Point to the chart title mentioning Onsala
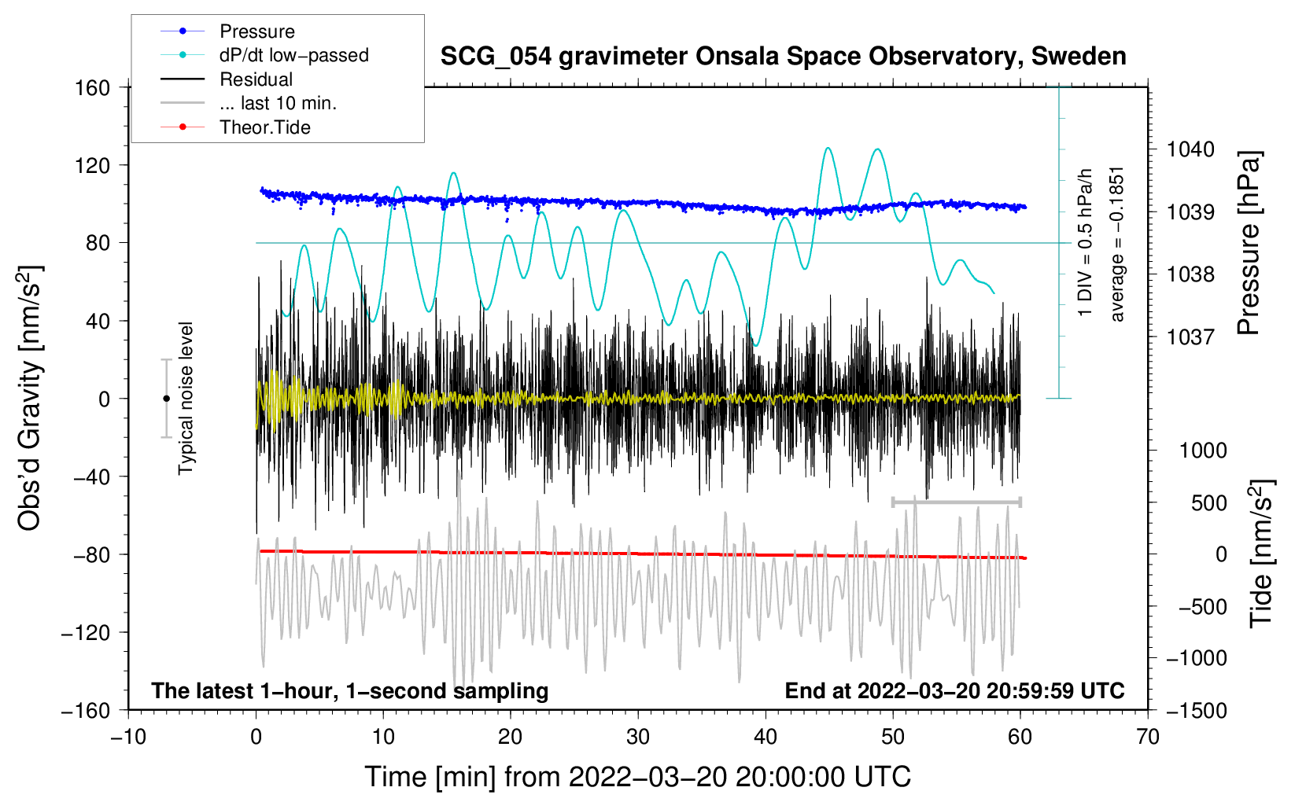point(783,57)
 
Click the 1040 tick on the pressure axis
point(1190,149)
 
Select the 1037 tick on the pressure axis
point(1190,337)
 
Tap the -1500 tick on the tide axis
point(1197,710)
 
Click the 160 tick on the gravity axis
point(93,87)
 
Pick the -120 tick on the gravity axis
point(86,632)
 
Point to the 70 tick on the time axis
point(1148,737)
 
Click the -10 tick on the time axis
point(128,737)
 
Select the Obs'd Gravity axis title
point(29,398)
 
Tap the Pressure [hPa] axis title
point(1250,243)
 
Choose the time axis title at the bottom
point(637,777)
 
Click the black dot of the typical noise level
point(166,399)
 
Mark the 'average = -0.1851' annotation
point(1117,244)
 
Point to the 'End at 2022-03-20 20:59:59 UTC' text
point(954,690)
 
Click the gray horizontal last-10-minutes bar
point(956,502)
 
